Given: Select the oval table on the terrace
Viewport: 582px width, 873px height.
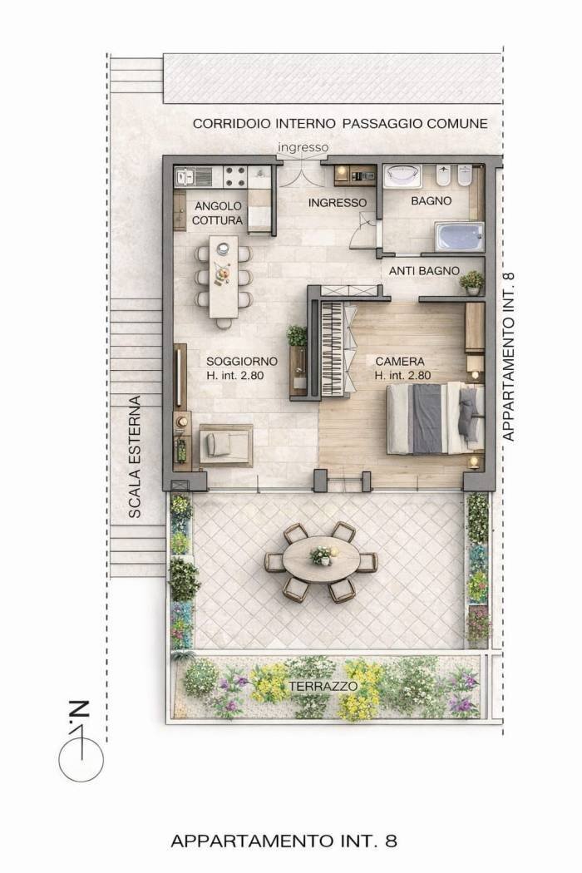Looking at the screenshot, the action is (321, 561).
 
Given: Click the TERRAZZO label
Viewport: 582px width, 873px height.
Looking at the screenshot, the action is (323, 686).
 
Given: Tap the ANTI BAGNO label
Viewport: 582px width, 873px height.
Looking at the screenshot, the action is (424, 270).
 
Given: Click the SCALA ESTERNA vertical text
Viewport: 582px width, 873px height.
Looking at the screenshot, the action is (134, 457).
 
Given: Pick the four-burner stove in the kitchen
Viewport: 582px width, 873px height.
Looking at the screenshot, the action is (235, 176).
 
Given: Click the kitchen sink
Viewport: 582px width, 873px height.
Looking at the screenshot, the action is (185, 177).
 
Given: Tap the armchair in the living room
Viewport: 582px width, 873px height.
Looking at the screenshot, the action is (225, 445).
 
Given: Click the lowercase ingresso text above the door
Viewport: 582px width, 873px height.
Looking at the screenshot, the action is (303, 147).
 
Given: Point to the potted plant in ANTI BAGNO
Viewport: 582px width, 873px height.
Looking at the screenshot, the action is (472, 283).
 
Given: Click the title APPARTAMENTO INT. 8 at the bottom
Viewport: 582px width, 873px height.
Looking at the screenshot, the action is (284, 840).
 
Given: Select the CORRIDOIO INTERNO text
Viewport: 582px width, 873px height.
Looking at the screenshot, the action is (264, 124).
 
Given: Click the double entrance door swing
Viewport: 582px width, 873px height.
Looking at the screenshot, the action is (301, 174).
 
